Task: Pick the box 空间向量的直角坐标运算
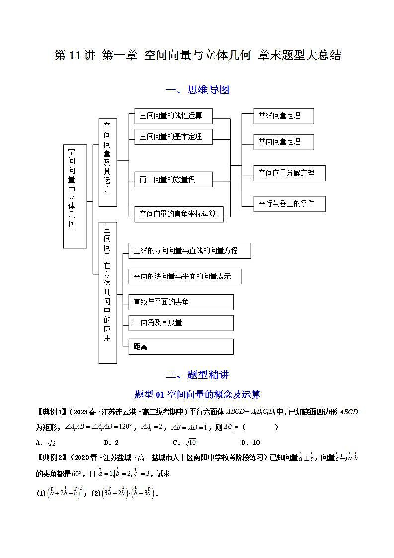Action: [178, 214]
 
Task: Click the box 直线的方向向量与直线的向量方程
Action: [189, 251]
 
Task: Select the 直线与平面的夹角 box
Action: [180, 302]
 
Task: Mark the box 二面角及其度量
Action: [180, 322]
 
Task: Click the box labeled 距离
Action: [180, 346]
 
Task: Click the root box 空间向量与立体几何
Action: [75, 196]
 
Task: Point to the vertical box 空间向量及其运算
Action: [108, 162]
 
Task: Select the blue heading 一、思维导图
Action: [197, 90]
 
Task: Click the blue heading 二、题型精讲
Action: [197, 375]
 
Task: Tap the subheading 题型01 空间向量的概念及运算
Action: [197, 395]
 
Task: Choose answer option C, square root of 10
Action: [185, 442]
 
